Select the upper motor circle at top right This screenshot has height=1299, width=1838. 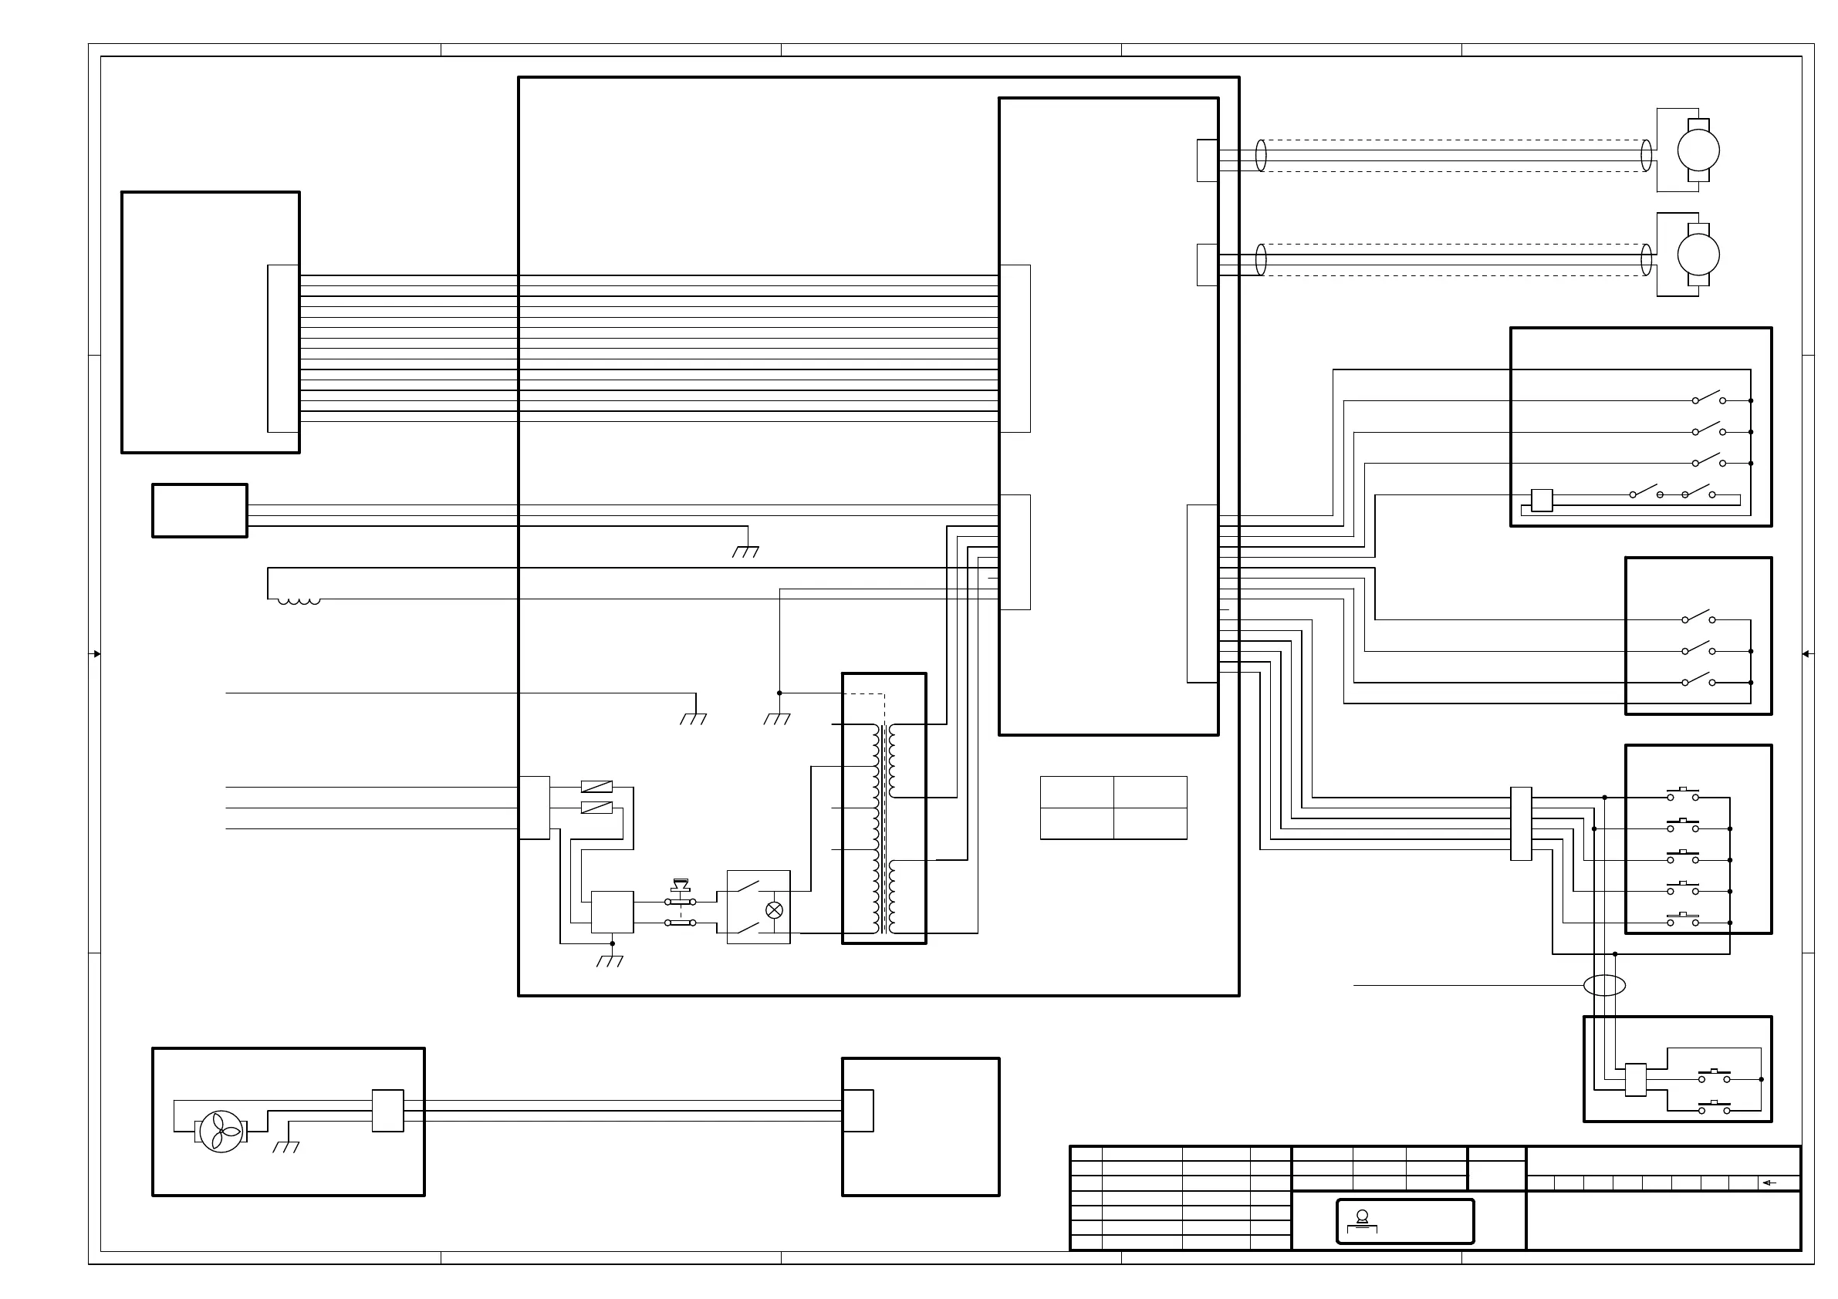pos(1698,150)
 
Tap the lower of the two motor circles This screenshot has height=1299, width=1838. pos(1698,255)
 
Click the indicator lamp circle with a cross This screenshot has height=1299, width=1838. pos(774,910)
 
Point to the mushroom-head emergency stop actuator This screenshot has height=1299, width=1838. pos(681,886)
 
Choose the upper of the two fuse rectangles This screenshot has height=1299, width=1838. pos(596,787)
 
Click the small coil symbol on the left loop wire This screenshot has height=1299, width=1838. pos(299,601)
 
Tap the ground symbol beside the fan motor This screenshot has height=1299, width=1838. pos(285,1147)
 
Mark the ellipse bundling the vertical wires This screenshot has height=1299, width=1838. pos(1604,985)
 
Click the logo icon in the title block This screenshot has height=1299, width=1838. pos(1362,1220)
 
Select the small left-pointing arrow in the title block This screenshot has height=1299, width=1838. pos(1770,1183)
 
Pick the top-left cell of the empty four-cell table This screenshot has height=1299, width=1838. pos(1076,791)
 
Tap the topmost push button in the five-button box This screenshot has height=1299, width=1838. pos(1683,794)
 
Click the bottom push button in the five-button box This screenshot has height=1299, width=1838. pos(1683,919)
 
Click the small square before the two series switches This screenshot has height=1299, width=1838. pos(1541,500)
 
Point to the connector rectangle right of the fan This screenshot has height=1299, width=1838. pos(387,1111)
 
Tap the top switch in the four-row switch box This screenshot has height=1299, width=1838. pos(1708,398)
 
